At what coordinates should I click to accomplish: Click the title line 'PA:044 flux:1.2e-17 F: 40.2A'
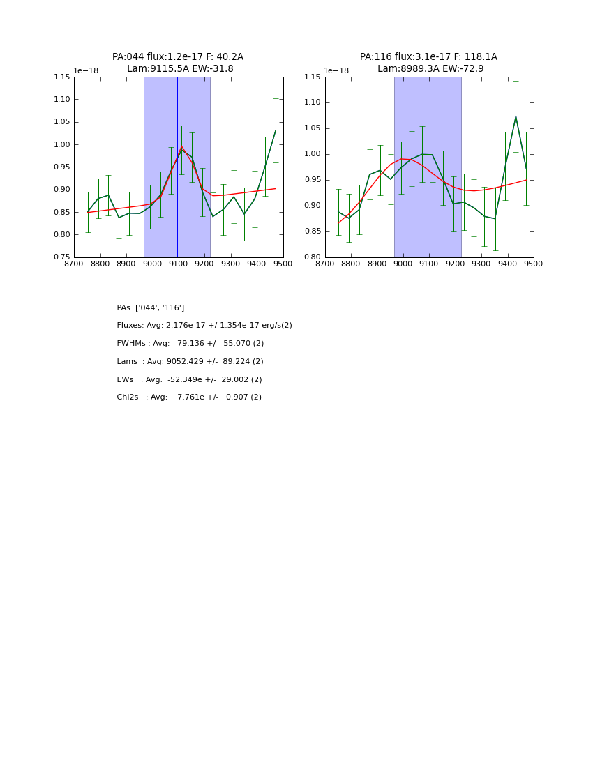tap(178, 57)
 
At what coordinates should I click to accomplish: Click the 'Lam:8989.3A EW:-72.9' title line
tap(430, 69)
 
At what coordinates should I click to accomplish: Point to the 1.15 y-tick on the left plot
tap(62, 77)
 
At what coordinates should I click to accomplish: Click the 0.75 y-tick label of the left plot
tap(62, 257)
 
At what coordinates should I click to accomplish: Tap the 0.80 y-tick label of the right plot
tap(313, 257)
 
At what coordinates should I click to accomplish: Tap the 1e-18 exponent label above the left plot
tap(86, 70)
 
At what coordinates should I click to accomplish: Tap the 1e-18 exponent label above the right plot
tap(336, 70)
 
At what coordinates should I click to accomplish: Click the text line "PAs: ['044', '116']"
tap(151, 307)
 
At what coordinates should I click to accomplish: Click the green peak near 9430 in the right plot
tap(516, 117)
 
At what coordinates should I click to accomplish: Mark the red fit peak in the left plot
tap(181, 146)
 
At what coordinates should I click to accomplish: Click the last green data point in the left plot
tap(276, 130)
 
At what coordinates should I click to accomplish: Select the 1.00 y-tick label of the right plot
tap(313, 154)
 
